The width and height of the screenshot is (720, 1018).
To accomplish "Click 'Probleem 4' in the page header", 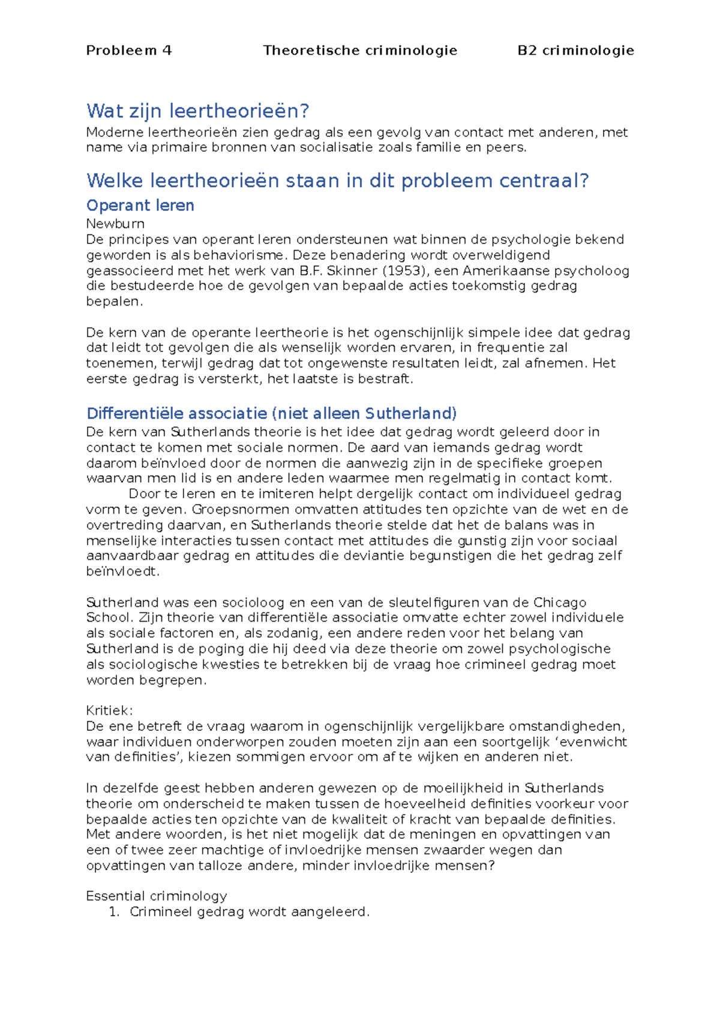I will click(129, 50).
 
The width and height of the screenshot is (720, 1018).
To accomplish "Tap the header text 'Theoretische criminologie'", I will click(360, 50).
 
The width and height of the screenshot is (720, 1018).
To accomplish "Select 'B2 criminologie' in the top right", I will click(575, 50).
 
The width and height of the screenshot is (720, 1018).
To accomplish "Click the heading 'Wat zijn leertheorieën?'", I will click(197, 111).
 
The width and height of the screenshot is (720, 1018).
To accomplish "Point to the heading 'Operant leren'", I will click(140, 206).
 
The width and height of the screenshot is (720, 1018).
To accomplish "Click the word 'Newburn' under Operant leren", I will click(115, 224).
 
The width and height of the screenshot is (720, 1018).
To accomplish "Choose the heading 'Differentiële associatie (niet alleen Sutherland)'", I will click(271, 414).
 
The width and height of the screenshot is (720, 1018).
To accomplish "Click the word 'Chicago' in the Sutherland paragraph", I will click(560, 603).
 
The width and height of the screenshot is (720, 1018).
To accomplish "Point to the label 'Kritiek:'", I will click(109, 710).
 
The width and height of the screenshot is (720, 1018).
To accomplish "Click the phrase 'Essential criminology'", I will click(157, 896).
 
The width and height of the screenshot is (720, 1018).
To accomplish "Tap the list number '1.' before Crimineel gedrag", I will click(115, 912).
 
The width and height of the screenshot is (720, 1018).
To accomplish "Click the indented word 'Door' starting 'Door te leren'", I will click(145, 494).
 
